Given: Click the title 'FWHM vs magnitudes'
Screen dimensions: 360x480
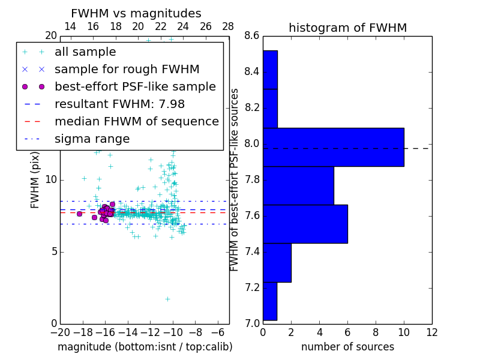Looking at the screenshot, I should pos(136,13).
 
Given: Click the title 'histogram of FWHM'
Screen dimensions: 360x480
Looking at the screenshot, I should pos(347,28).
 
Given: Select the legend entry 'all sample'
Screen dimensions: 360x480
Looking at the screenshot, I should pos(85,52).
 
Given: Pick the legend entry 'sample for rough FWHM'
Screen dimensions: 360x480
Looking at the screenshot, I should pos(127,69).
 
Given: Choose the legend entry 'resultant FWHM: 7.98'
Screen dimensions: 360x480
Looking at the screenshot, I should pos(119,104).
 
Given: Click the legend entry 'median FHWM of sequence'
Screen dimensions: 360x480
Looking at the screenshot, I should pos(136,121).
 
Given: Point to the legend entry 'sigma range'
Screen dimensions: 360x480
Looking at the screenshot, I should pos(92,139).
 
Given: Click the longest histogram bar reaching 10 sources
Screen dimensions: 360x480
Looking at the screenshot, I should pos(333,147).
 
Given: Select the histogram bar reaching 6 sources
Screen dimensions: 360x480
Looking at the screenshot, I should pos(305,224).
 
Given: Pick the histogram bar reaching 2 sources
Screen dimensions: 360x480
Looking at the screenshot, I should pos(277,262).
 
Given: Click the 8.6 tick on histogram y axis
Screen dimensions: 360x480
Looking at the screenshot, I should pos(252,36).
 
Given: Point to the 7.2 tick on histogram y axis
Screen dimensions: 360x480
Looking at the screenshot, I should pos(252,287).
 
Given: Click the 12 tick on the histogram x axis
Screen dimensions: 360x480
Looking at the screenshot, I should pos(431,332).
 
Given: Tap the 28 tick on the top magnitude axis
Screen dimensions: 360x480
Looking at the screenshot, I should pos(229,26).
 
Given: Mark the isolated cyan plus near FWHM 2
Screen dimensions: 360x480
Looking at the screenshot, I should pos(167,299).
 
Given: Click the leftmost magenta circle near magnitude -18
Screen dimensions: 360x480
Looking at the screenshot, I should pos(79,214).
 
